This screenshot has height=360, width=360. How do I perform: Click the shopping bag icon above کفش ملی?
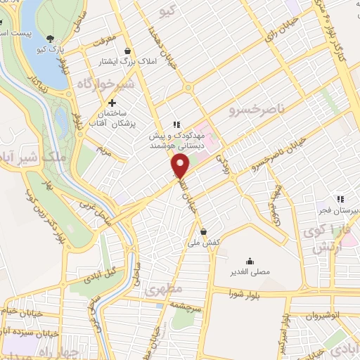pos(203,231)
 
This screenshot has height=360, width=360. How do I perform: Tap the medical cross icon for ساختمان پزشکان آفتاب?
pos(112,104)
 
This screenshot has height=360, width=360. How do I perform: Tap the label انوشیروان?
pos(327,316)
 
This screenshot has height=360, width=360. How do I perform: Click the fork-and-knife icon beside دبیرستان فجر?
pos(340,199)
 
